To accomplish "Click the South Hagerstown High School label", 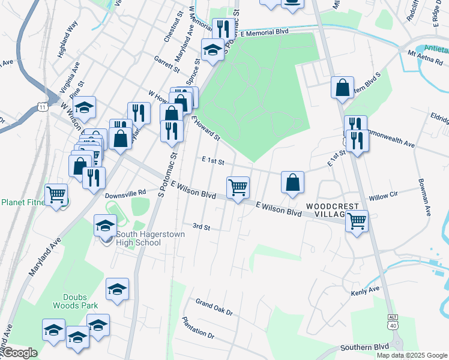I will [142, 238].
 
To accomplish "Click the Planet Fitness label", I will [23, 202].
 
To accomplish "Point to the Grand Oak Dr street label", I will [214, 307].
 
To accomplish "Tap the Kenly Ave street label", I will [366, 290].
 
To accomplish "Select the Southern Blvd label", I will [364, 347].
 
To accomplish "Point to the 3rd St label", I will [201, 227].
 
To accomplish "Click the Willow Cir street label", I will [384, 196].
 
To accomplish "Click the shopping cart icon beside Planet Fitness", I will [56, 194].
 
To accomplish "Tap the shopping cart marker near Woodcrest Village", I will [357, 221].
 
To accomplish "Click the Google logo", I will [20, 353].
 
